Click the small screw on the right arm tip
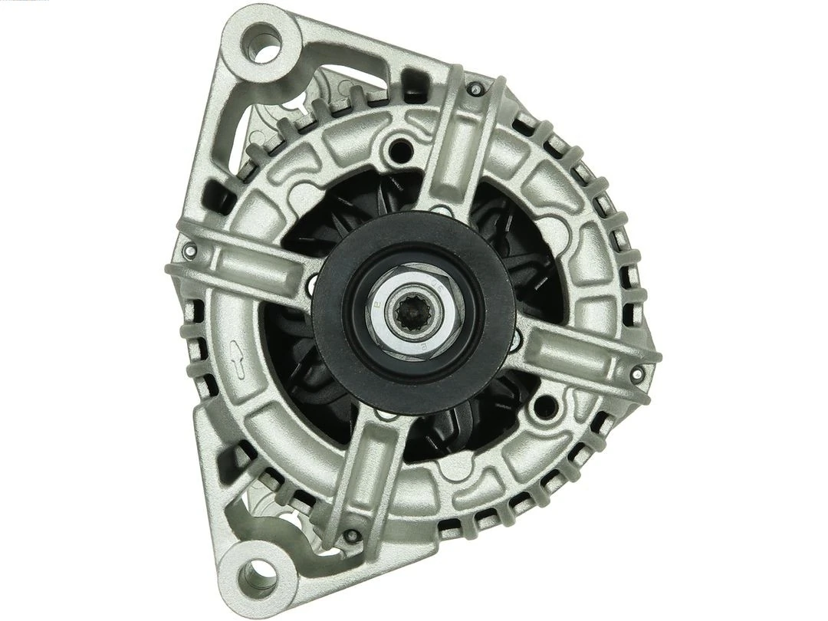pos(636,373)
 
